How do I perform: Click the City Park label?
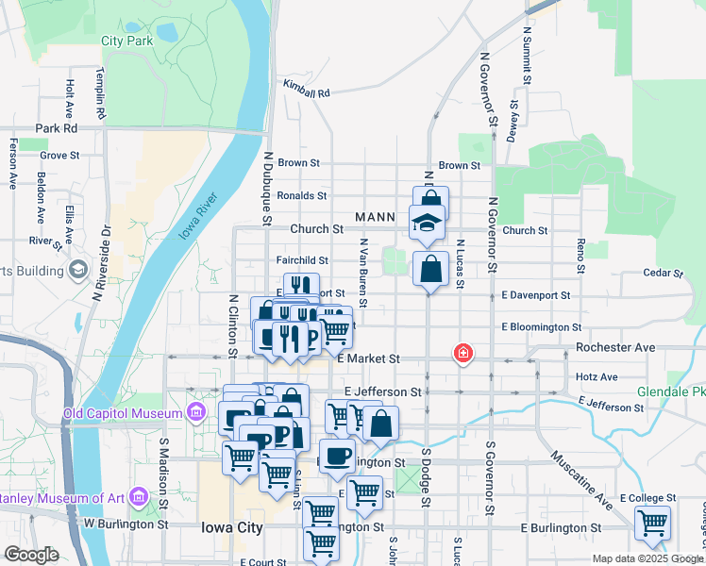tap(126, 42)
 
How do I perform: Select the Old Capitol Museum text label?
tap(122, 413)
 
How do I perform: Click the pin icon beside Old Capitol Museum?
tap(196, 412)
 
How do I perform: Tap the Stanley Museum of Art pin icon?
tap(139, 496)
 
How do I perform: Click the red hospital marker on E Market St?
tap(462, 354)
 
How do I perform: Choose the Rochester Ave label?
tap(615, 347)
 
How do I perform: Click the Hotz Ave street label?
tap(596, 376)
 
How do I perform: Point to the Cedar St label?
tap(662, 274)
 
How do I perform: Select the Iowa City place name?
tap(232, 528)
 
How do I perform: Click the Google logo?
tap(31, 555)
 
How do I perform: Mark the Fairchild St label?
tap(302, 260)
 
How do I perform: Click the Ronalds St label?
tap(301, 196)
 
